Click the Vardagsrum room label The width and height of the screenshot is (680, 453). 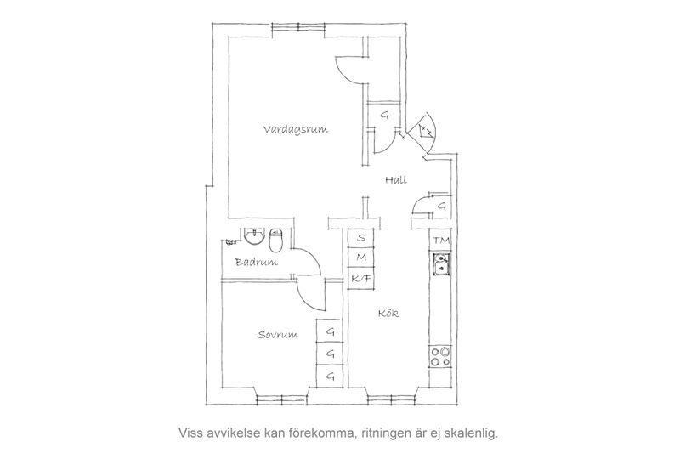pyautogui.click(x=296, y=129)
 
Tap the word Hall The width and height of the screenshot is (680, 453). pyautogui.click(x=395, y=180)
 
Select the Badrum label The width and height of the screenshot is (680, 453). pyautogui.click(x=257, y=263)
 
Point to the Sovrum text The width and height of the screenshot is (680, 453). pyautogui.click(x=277, y=335)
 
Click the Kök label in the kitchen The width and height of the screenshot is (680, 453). pyautogui.click(x=389, y=314)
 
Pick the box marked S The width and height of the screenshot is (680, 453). pyautogui.click(x=361, y=238)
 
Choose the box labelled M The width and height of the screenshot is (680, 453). pyautogui.click(x=361, y=257)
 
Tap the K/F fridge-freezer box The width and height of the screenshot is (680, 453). pyautogui.click(x=361, y=276)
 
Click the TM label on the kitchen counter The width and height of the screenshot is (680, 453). pyautogui.click(x=440, y=241)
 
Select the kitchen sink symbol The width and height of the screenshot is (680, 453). pyautogui.click(x=440, y=269)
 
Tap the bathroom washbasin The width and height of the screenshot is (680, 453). pyautogui.click(x=252, y=234)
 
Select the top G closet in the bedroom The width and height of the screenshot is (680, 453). pyautogui.click(x=330, y=332)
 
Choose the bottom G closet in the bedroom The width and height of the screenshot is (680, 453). pyautogui.click(x=330, y=376)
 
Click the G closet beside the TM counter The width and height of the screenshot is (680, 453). pyautogui.click(x=441, y=207)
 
